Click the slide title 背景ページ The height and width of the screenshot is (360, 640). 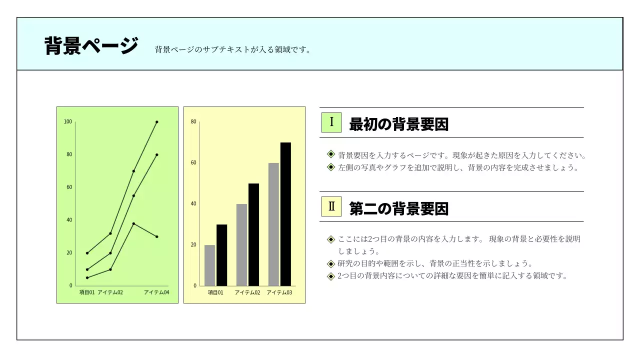click(91, 46)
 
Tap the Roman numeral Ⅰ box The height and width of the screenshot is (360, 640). click(331, 122)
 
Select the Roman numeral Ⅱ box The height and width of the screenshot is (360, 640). click(331, 206)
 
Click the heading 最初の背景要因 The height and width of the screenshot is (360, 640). click(398, 124)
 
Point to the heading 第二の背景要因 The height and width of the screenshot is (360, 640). click(398, 208)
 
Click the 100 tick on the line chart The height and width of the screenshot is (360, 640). click(68, 122)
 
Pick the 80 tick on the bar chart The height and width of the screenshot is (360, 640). click(193, 122)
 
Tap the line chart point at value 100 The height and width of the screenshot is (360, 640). click(156, 122)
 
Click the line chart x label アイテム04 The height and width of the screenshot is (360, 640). click(156, 292)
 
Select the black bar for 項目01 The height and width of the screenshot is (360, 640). click(221, 255)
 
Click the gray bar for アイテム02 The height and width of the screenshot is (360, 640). click(241, 244)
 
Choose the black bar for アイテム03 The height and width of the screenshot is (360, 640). click(285, 214)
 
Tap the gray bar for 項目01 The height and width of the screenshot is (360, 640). click(209, 265)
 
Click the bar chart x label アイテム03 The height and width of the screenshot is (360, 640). click(279, 292)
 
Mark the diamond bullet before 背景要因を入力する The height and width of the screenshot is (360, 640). click(330, 154)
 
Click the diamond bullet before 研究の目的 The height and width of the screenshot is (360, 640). click(330, 264)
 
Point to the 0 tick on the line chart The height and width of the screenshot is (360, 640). click(70, 285)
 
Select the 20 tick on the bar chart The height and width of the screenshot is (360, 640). click(193, 245)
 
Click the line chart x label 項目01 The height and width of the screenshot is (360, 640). click(87, 292)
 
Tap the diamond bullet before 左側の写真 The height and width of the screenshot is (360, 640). click(330, 167)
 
